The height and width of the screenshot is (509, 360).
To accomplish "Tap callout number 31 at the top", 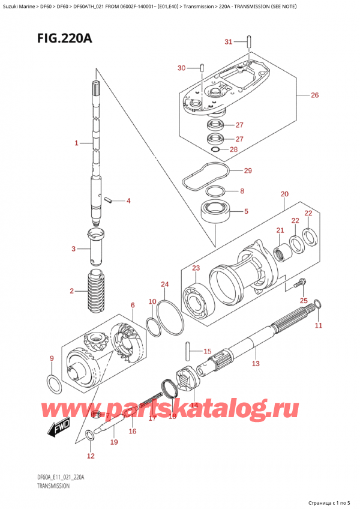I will point(228,41).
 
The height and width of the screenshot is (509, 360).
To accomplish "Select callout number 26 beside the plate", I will point(315,95).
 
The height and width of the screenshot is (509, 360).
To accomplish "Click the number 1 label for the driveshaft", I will point(77,143).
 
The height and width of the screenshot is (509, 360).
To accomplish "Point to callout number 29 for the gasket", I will point(248,171).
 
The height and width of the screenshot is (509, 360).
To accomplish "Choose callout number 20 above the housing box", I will point(284,194).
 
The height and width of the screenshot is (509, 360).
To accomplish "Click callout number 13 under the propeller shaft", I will point(255,363).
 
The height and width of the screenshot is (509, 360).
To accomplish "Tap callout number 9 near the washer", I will point(52,359).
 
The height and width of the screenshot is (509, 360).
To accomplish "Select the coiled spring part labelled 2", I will point(96,291).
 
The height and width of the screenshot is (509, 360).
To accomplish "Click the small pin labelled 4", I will point(108,200).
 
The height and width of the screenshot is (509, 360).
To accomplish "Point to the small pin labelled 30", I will point(203,67).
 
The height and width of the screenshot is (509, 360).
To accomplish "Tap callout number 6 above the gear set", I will point(133,306).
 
